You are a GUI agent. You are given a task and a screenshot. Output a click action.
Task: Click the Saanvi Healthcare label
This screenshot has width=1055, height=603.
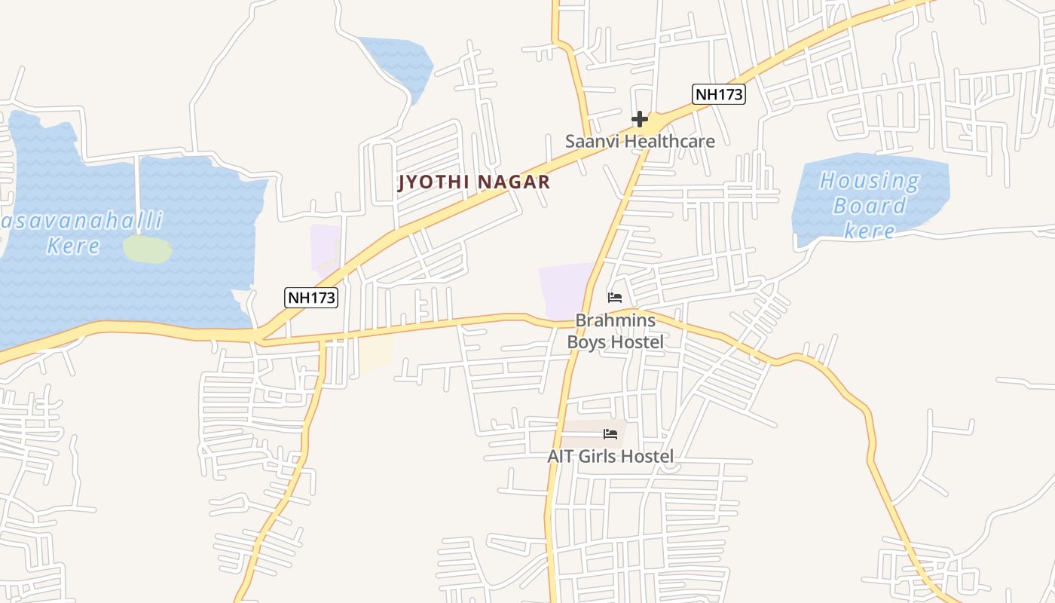(x=640, y=141)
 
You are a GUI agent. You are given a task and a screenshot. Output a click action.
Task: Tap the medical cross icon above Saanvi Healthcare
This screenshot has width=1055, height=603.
(x=640, y=119)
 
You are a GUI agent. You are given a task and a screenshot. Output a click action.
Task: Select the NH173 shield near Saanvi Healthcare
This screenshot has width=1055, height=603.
(x=718, y=94)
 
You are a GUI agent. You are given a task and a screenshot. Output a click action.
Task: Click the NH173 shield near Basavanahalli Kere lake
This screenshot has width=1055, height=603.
(x=311, y=297)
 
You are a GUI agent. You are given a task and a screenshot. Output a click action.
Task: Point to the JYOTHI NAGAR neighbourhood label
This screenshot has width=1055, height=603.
(x=474, y=182)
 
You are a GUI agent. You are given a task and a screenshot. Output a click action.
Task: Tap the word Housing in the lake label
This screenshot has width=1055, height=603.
(x=869, y=182)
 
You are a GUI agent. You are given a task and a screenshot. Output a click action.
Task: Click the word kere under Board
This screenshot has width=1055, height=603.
(x=869, y=230)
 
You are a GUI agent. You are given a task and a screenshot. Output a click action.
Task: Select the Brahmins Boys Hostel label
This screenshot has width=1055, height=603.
(x=615, y=332)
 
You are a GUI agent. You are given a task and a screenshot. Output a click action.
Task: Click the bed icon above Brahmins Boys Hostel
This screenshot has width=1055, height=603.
(x=615, y=297)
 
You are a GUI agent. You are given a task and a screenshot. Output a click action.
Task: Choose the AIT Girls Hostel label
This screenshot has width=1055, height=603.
(x=610, y=456)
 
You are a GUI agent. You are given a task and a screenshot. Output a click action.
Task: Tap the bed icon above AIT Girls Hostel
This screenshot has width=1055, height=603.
(x=610, y=434)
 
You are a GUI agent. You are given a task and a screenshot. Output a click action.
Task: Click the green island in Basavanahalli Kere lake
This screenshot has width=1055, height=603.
(x=147, y=249)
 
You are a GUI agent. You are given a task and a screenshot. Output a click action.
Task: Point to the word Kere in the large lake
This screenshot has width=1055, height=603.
(x=73, y=246)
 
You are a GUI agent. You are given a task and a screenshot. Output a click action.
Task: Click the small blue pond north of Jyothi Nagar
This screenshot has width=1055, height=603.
(x=398, y=65)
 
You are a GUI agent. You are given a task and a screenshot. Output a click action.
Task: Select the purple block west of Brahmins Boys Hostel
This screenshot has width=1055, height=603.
(x=565, y=290)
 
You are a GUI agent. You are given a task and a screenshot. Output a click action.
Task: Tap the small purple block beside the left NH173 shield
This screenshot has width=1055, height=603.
(x=325, y=246)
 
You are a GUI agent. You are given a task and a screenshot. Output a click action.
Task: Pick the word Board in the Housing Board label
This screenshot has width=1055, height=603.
(x=869, y=206)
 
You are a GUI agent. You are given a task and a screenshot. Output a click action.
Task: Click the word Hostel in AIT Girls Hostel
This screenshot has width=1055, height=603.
(x=647, y=456)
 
